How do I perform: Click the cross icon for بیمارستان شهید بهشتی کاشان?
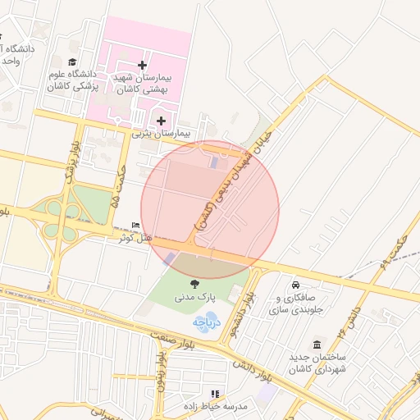pyautogui.click(x=144, y=64)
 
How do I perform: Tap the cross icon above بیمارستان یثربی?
pyautogui.click(x=162, y=121)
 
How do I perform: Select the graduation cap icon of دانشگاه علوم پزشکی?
pyautogui.click(x=72, y=62)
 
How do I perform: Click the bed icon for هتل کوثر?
pyautogui.click(x=136, y=226)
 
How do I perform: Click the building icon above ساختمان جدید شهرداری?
pyautogui.click(x=317, y=345)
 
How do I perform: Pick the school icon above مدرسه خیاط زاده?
pyautogui.click(x=216, y=394)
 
